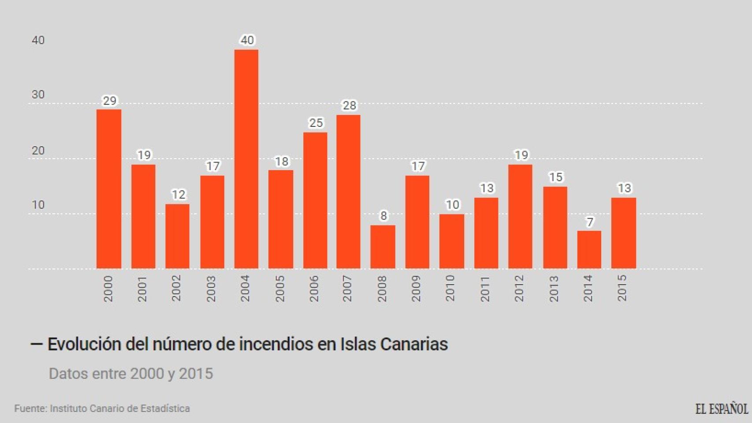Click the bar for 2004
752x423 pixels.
(x=246, y=159)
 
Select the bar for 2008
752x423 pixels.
(x=383, y=247)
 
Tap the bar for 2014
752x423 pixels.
(x=589, y=249)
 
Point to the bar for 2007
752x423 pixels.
(x=348, y=192)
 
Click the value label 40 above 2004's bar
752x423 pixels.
(x=247, y=40)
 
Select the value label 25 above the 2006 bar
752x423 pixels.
(x=316, y=123)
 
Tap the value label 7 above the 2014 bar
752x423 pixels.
(x=590, y=222)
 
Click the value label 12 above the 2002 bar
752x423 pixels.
(x=178, y=194)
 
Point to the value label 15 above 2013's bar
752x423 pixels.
(x=555, y=177)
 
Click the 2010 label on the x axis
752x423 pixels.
(x=450, y=288)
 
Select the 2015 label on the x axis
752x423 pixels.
(x=622, y=288)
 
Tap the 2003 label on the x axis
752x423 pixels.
(x=211, y=288)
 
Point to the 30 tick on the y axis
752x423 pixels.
(x=38, y=94)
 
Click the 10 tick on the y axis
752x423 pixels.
(x=38, y=205)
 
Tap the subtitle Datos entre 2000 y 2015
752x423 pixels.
(x=131, y=374)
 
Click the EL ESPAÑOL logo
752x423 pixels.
(x=722, y=409)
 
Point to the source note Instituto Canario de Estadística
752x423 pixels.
(x=120, y=408)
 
